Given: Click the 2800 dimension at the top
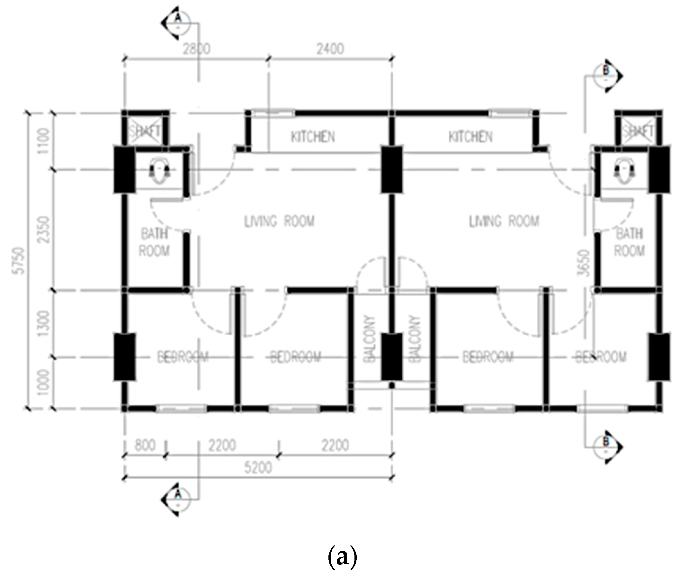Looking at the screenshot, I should coord(197,49).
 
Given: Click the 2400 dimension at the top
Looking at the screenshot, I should coord(330,49).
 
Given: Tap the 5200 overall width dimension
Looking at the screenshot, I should coord(258,467).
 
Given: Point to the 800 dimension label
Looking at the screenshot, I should coord(145,446).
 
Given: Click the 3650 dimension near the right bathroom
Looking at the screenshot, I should coord(585,263).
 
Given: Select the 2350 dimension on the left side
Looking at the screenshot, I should coord(44,230).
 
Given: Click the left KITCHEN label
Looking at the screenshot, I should coord(313,137).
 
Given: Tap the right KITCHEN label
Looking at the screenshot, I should coord(470,137).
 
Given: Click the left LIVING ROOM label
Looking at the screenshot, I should coord(279,221).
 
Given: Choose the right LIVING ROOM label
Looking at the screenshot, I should coord(504,221).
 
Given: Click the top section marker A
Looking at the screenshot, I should coord(177,22).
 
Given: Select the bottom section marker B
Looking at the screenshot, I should coord(606,447).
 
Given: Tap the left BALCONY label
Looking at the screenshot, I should coord(369,339).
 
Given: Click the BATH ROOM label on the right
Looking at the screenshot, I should coord(630,242).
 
